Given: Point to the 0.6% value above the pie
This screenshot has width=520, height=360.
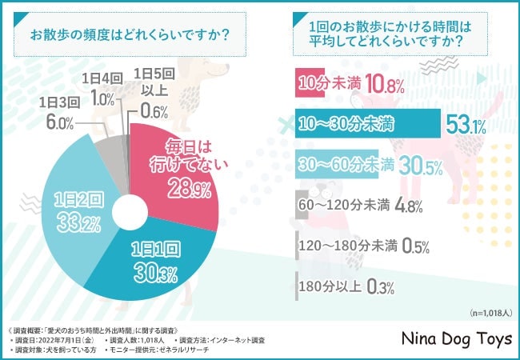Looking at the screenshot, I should (x=154, y=111).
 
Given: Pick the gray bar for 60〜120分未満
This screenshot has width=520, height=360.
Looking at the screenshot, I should (x=298, y=204).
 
